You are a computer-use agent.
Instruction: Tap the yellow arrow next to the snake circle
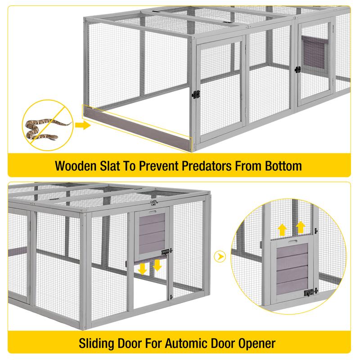(x=83, y=126)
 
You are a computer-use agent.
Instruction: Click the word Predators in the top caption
(x=207, y=166)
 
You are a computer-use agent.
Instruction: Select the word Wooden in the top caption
(x=76, y=166)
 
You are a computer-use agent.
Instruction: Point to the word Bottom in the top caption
(x=283, y=166)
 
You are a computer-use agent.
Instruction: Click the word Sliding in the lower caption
(x=97, y=343)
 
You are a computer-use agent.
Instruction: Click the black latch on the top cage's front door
(x=196, y=94)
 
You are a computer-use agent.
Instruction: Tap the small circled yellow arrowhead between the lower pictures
(x=220, y=256)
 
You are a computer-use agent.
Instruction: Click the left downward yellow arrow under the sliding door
(x=143, y=269)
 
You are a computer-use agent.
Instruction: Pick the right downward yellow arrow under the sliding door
(x=157, y=265)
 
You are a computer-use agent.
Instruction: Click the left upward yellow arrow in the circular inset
(x=283, y=230)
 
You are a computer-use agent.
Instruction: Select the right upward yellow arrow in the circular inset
(x=300, y=228)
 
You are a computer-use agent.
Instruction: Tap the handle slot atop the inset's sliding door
(x=292, y=241)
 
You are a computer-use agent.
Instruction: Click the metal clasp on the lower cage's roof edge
(x=154, y=202)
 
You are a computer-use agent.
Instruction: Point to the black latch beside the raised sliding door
(x=167, y=252)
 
